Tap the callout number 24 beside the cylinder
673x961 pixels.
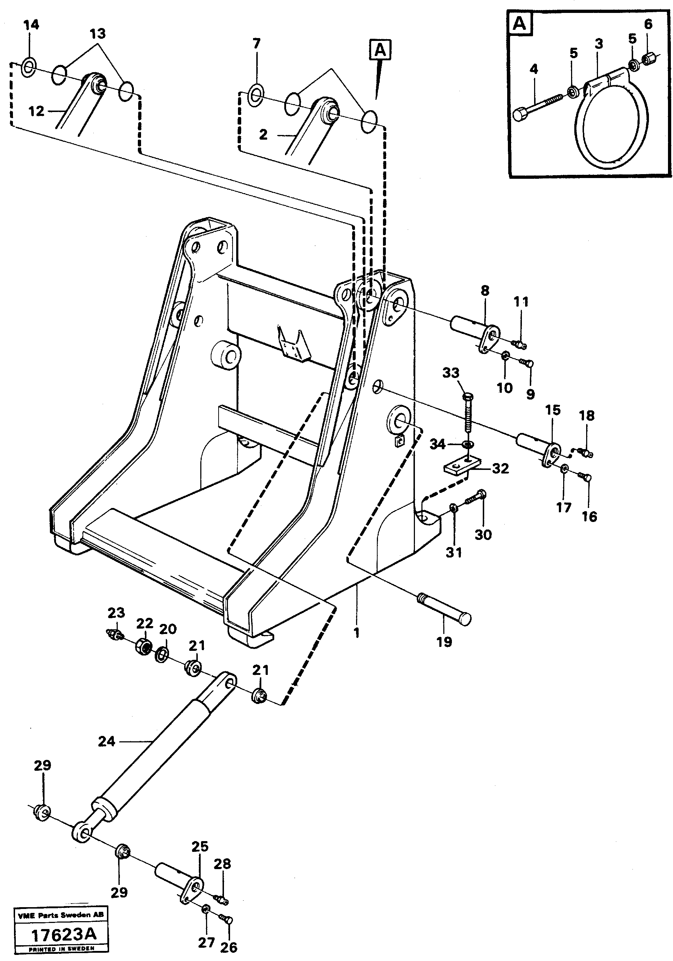click(106, 742)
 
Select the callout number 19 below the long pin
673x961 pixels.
click(444, 642)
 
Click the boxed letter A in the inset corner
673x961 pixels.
click(519, 23)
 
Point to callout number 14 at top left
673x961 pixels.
click(31, 25)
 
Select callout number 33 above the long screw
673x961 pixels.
click(451, 373)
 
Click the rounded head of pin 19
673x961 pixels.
click(464, 619)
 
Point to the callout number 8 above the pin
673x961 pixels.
click(485, 290)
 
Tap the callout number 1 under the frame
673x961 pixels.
click(356, 633)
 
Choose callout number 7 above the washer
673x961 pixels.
click(257, 43)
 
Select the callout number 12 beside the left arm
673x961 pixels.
click(36, 111)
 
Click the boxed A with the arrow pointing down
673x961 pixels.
click(380, 50)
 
